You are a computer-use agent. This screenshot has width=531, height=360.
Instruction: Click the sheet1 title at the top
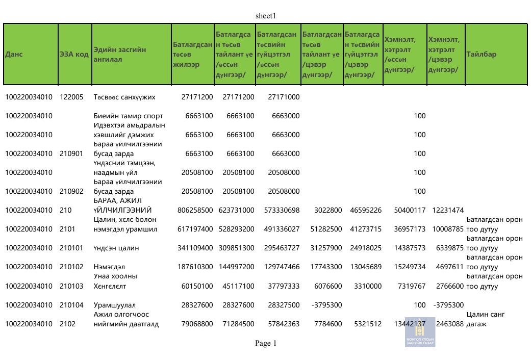(265, 16)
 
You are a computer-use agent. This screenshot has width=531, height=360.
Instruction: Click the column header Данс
(14, 54)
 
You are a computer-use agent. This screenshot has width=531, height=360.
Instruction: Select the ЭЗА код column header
(74, 54)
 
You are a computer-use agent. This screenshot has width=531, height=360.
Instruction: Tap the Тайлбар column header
(481, 54)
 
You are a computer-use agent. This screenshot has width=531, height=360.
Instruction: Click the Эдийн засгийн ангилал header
(120, 54)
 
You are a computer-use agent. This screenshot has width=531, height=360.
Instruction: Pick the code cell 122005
(71, 97)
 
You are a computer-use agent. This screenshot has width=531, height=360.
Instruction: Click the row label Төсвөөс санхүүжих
(124, 97)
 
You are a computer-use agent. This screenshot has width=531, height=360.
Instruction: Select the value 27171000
(284, 97)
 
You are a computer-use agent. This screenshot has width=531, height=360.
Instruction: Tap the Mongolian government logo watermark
(420, 332)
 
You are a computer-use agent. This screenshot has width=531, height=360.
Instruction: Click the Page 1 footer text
(265, 343)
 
